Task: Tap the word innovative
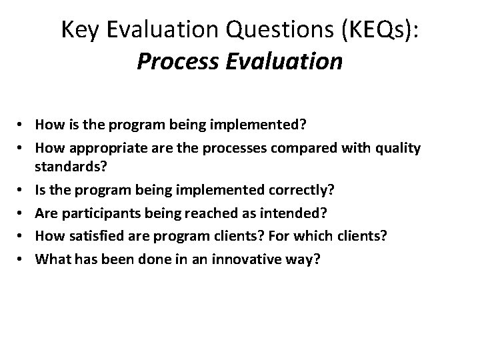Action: click(250, 260)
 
